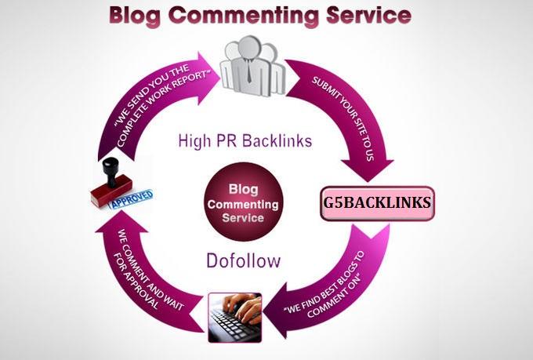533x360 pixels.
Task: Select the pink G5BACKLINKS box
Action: (x=376, y=202)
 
